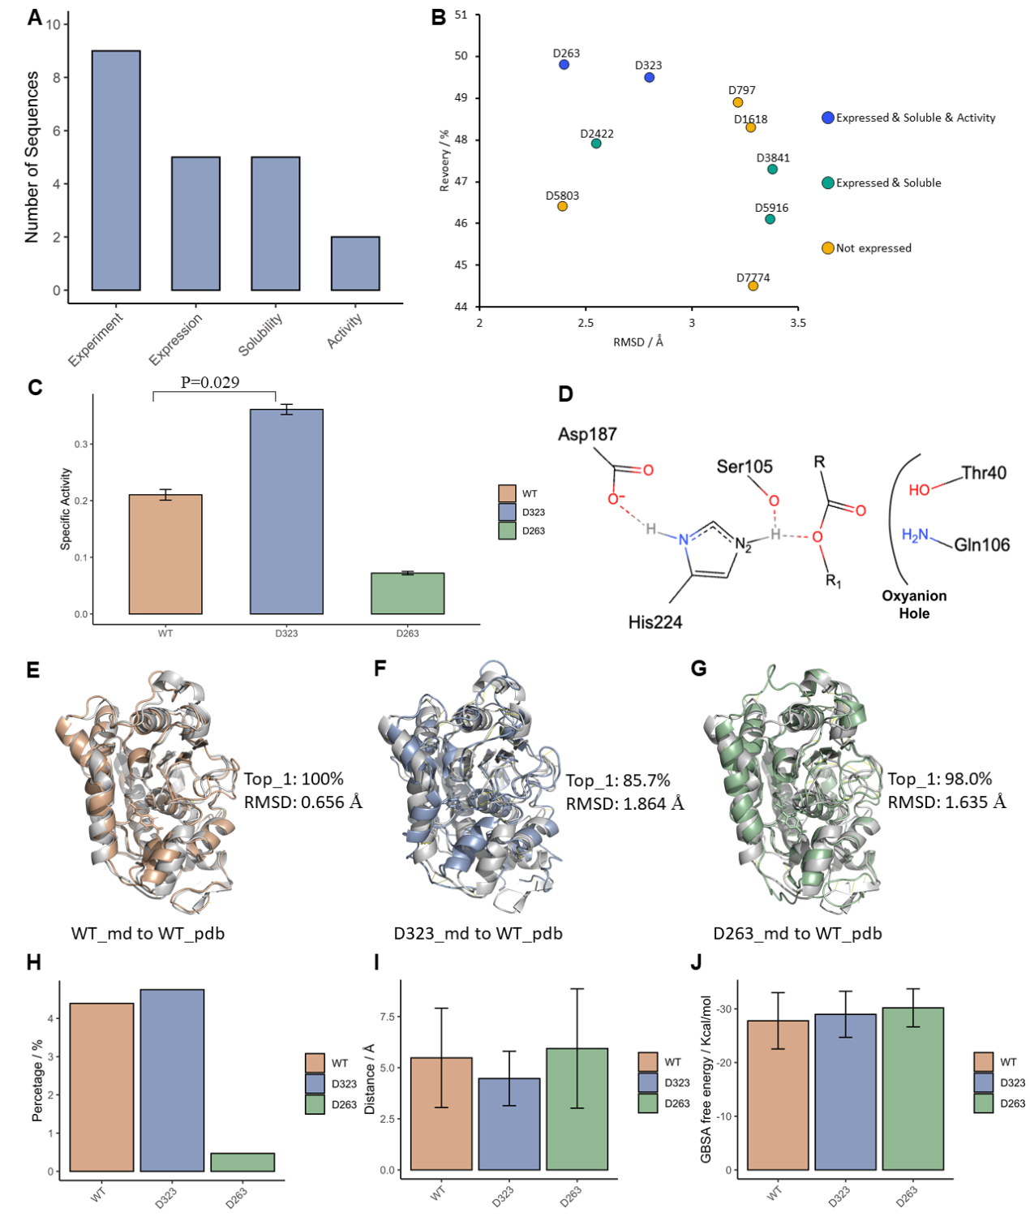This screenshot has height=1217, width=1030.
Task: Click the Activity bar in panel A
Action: pos(355,264)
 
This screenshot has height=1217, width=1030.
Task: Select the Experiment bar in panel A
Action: pos(116,170)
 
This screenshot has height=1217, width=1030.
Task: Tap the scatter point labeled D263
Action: pos(564,64)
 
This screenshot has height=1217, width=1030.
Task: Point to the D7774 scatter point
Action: pos(753,286)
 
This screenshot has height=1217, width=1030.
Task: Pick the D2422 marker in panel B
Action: pos(596,144)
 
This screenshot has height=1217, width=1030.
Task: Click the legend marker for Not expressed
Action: pos(827,248)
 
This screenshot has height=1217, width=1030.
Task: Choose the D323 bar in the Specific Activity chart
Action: pos(286,511)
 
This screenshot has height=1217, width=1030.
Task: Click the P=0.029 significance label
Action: pos(210,382)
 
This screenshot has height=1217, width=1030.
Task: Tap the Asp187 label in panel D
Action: pos(587,434)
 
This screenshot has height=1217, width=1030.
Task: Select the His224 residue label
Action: pos(655,622)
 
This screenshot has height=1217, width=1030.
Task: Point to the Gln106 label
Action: pos(981,544)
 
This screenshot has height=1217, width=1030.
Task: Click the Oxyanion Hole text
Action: pos(914,604)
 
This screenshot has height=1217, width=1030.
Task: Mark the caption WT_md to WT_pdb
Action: pos(148,933)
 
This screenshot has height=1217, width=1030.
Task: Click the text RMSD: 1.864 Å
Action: pos(624,803)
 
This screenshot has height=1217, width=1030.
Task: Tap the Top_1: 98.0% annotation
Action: pos(939,779)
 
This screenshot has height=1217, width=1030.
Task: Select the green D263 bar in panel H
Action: pos(242,1162)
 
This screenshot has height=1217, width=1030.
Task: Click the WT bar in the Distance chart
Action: pos(441,1113)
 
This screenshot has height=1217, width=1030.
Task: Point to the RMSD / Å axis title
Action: pos(638,342)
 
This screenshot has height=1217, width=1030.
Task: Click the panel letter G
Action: pos(698,668)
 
